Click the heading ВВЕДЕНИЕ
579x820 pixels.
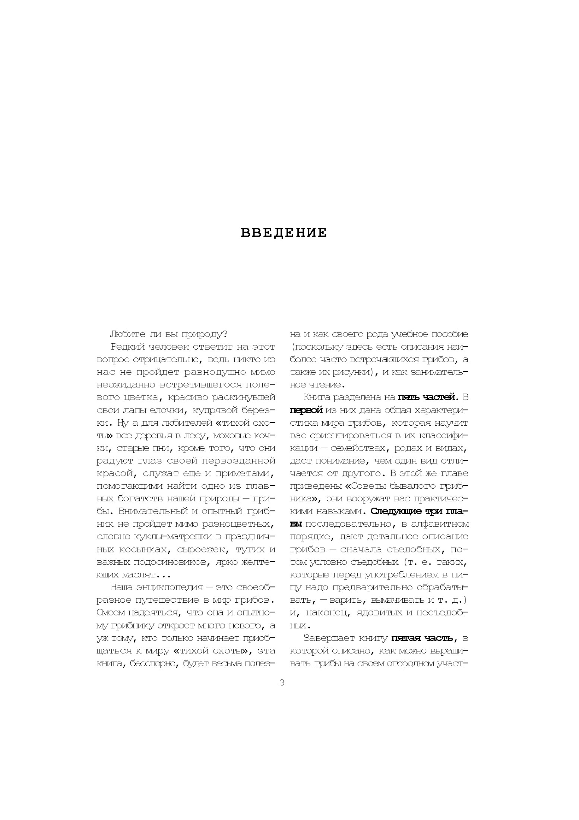(284, 233)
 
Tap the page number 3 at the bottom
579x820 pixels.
(282, 683)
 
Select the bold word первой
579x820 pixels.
(306, 410)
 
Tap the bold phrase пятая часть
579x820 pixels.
(421, 638)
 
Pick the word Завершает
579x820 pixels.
(329, 638)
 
